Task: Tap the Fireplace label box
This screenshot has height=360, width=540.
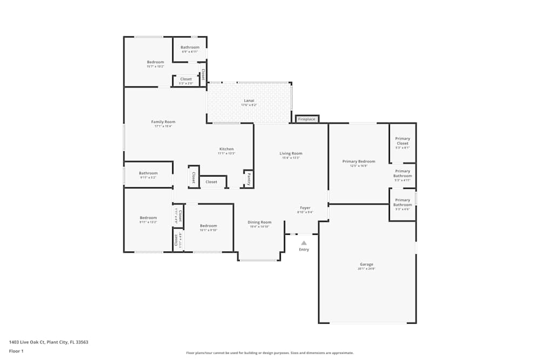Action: (307, 119)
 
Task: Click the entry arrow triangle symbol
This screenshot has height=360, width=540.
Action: (304, 243)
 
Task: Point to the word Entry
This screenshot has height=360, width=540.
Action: (304, 249)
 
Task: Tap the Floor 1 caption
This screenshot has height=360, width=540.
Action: (16, 351)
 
